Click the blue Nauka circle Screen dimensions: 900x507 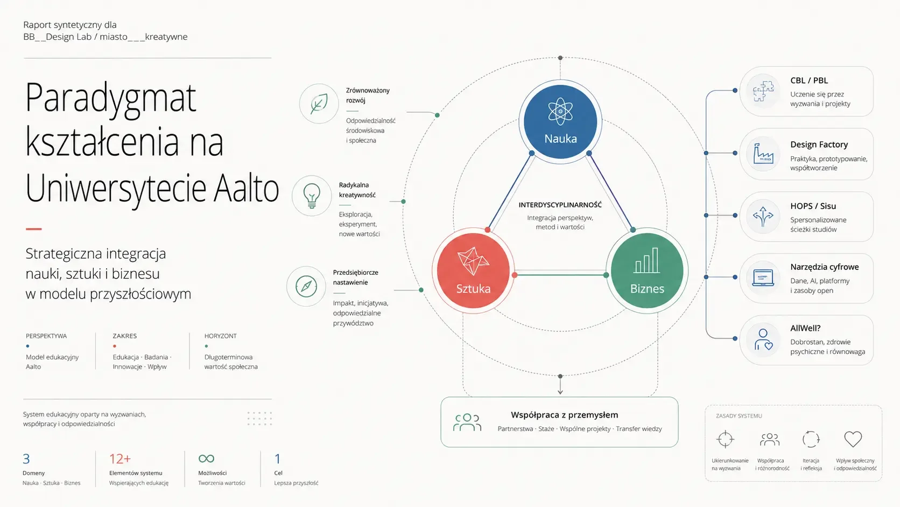coord(560,121)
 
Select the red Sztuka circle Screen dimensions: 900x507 coord(473,270)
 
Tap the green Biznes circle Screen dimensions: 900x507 coord(647,270)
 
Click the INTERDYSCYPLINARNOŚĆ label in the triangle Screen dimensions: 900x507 coord(560,205)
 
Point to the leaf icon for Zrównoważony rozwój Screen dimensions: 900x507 coord(319,103)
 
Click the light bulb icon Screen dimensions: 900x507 coord(312,196)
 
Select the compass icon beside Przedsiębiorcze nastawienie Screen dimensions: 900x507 coord(306,286)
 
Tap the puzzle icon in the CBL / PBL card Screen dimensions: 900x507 coord(763,91)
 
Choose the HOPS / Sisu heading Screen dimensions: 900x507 coord(813,206)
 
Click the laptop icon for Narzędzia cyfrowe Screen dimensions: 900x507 coord(763,278)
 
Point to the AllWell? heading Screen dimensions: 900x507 coord(805,328)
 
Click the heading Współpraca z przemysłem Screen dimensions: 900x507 coord(564,415)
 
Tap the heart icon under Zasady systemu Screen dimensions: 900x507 coord(853,439)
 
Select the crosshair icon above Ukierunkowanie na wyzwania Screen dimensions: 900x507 coord(725,439)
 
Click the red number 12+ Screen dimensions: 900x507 coord(119,459)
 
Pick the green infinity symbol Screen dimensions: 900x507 coord(206,459)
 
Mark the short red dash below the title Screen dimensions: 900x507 coord(34,229)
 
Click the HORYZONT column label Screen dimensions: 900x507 coord(220,336)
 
